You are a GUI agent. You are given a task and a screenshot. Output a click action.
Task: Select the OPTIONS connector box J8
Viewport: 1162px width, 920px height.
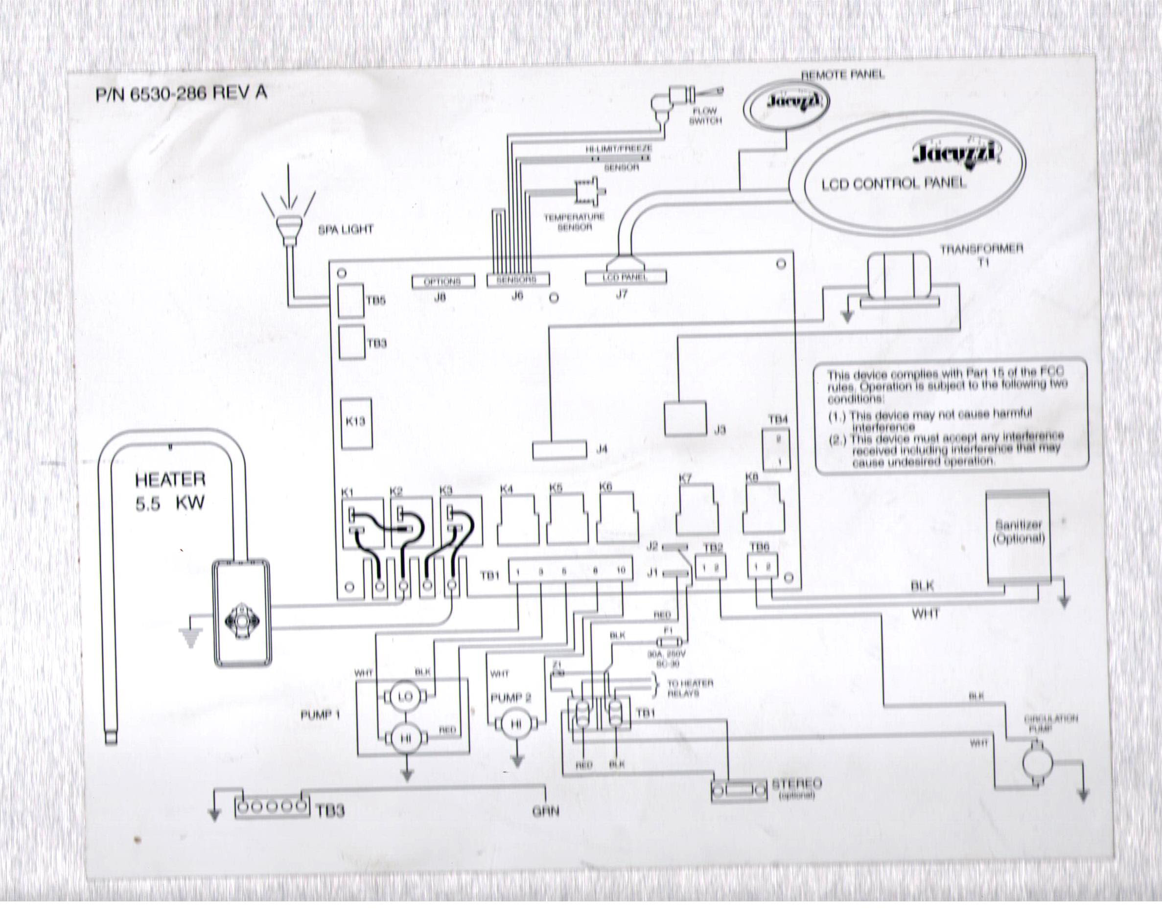point(443,281)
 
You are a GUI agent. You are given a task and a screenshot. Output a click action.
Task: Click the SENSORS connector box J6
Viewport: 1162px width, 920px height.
point(517,279)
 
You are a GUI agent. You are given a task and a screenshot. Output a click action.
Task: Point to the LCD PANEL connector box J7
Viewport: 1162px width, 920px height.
point(626,277)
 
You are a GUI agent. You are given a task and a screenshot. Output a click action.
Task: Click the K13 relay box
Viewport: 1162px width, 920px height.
point(356,423)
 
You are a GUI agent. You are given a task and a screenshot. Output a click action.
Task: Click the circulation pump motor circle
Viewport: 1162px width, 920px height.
point(1037,761)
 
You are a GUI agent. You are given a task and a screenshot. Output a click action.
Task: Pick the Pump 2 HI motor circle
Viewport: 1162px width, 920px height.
point(515,725)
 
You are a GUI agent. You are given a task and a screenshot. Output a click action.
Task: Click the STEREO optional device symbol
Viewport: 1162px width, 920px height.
point(739,791)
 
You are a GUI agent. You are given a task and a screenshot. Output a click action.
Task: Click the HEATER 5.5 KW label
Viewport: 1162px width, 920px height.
point(170,491)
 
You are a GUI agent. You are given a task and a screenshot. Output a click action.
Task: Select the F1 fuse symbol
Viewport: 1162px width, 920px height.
point(669,642)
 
